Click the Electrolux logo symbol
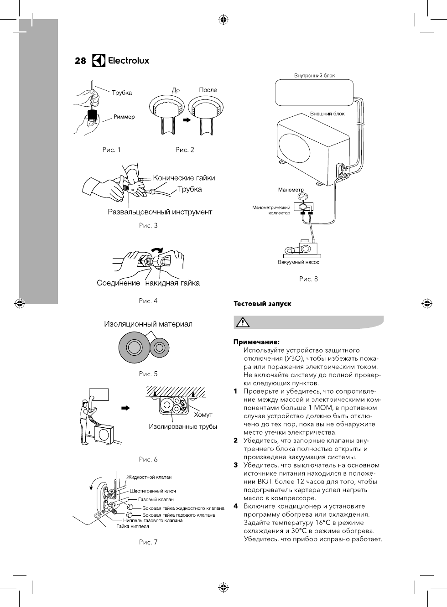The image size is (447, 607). coord(99,60)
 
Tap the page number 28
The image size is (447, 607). coord(80,61)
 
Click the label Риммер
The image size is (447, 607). coord(124,117)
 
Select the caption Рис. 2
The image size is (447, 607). coord(185,150)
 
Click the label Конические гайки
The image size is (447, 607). coord(184,178)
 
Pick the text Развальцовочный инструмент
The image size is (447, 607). coord(160,212)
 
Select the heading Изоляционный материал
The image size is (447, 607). coord(148,324)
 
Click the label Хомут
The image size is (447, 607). coord(203,415)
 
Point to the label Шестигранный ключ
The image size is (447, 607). coord(153,491)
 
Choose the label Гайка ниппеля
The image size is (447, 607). coord(133,526)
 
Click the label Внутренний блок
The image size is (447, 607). coord(314,76)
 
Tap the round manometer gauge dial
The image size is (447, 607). coord(302,196)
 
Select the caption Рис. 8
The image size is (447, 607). coord(308,279)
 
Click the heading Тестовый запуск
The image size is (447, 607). coord(262,303)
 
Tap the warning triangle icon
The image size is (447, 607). coord(242,322)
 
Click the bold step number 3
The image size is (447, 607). coord(236,465)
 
